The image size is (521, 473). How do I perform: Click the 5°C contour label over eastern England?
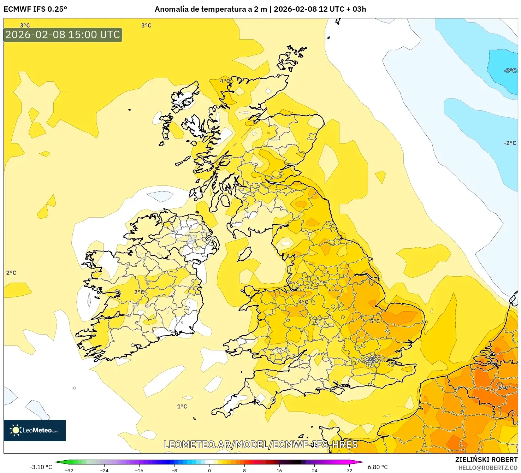[x=375, y=321]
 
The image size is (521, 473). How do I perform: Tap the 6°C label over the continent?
[x=503, y=388]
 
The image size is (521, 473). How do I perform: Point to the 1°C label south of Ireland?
[x=182, y=407]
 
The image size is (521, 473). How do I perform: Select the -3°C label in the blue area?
[x=510, y=71]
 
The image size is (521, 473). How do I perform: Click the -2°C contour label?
[x=510, y=143]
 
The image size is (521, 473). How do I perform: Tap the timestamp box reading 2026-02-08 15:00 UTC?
[x=63, y=35]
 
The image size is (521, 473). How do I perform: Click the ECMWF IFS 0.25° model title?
[x=35, y=9]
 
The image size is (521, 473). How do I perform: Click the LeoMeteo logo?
[x=35, y=430]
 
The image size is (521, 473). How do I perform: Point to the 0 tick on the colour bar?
[x=209, y=470]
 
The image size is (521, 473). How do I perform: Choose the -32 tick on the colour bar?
[x=69, y=470]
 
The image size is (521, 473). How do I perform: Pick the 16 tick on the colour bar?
[x=279, y=470]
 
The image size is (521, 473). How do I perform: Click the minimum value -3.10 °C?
[x=41, y=467]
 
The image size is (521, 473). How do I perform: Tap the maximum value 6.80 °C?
[x=378, y=467]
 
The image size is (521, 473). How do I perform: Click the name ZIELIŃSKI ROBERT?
[x=486, y=460]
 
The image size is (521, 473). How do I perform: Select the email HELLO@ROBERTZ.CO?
[x=488, y=468]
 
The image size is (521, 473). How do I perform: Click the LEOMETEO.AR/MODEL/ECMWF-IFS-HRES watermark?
[x=261, y=444]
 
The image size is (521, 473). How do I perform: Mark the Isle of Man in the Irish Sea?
[x=244, y=254]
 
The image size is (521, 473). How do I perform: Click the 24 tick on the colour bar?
[x=314, y=470]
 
